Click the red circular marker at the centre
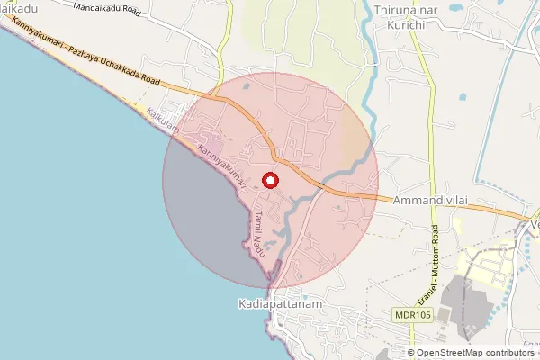coord(270,179)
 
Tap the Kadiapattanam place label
coord(280,305)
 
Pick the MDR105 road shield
coord(413,315)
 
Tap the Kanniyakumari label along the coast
coord(222,163)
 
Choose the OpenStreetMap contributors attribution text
coord(475,353)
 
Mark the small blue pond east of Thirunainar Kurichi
coord(463,95)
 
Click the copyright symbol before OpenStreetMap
coord(411,353)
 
